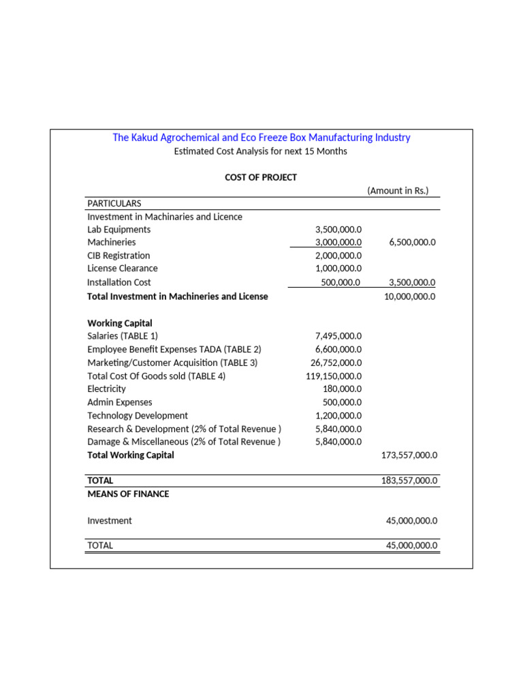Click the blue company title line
click(x=261, y=138)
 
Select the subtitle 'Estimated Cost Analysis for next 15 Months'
click(x=260, y=151)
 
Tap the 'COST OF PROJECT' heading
click(x=261, y=177)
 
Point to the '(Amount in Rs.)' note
click(x=398, y=191)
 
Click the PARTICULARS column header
click(x=114, y=203)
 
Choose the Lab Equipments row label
click(x=119, y=230)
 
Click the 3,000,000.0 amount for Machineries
click(x=338, y=243)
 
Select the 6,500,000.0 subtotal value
click(x=412, y=243)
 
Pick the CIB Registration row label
click(x=118, y=256)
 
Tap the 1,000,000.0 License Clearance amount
click(x=338, y=269)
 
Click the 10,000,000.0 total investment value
click(x=410, y=297)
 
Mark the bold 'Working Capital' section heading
click(x=120, y=323)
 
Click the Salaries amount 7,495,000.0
click(x=338, y=336)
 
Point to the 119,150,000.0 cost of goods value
click(x=334, y=376)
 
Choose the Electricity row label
click(x=106, y=389)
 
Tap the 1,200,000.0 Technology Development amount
click(x=338, y=416)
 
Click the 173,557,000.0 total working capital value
click(x=409, y=455)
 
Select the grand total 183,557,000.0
click(x=409, y=481)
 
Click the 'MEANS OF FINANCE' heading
click(x=128, y=494)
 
